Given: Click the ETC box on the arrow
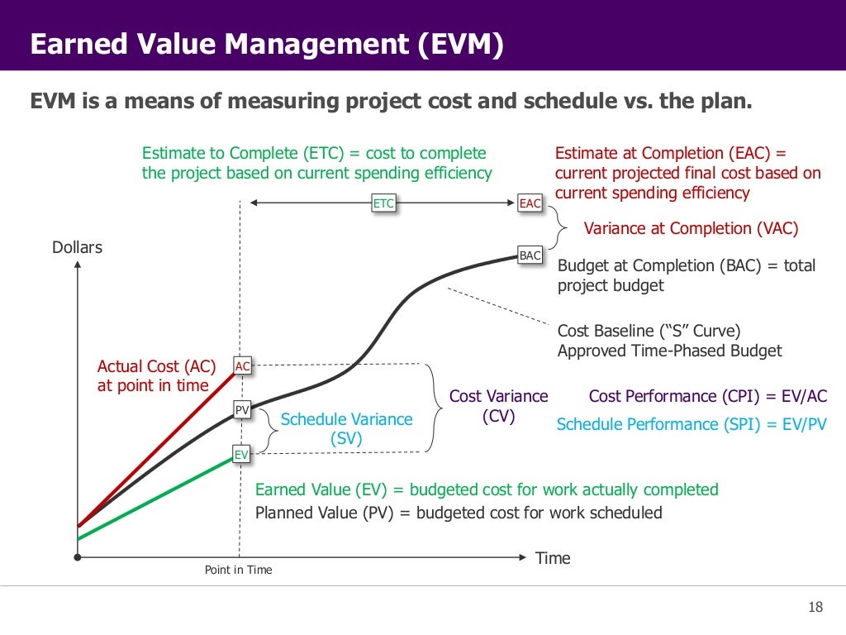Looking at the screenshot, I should [x=383, y=203].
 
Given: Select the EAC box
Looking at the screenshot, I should [x=530, y=203].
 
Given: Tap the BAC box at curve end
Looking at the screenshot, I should [x=530, y=255].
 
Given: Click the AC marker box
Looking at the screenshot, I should [x=242, y=366].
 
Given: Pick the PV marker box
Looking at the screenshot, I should [x=242, y=409].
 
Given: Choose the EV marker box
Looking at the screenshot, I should [x=241, y=454].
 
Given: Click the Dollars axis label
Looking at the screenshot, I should [x=78, y=247].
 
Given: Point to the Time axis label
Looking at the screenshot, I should [x=553, y=558].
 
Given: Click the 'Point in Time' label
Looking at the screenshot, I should [x=238, y=570].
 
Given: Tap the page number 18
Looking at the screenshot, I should [x=815, y=608].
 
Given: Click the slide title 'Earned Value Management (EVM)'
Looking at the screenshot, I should [x=266, y=45].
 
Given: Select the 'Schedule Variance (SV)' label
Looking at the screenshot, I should [x=346, y=429].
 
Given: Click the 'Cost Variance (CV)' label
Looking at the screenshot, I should [x=498, y=406].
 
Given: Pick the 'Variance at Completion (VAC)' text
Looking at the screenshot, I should [x=691, y=229].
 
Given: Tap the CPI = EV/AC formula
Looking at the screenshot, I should [x=707, y=396].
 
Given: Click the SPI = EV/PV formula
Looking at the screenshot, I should [x=692, y=424].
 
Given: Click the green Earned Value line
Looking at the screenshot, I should [x=157, y=497].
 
